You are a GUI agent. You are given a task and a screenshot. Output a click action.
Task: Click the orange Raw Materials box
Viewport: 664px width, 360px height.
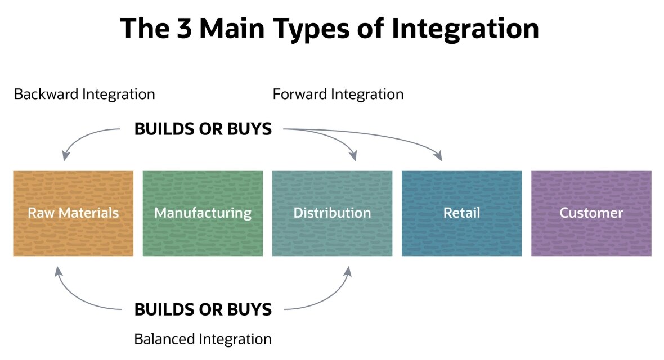(73, 213)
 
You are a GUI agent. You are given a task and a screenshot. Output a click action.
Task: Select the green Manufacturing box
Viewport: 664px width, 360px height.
(203, 213)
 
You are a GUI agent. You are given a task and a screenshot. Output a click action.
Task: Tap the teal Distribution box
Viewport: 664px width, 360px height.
(332, 213)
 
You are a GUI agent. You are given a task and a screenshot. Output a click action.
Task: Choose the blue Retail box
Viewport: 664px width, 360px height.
(461, 213)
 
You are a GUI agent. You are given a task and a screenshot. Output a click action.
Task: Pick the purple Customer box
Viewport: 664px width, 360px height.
(591, 213)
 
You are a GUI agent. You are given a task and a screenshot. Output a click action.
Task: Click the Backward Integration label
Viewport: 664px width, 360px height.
(84, 94)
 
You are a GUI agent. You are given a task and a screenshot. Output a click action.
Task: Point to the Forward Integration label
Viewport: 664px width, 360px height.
(338, 94)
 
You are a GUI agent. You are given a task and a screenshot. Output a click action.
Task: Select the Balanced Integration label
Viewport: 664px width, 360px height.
(203, 339)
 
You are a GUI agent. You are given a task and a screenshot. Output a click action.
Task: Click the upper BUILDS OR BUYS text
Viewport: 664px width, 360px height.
(203, 129)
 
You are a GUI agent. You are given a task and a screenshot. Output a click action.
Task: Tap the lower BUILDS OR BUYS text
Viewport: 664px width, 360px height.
(203, 309)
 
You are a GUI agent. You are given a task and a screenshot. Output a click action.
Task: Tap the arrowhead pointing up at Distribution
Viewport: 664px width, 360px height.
(348, 271)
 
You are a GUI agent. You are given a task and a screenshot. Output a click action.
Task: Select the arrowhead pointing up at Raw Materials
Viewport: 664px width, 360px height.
(57, 271)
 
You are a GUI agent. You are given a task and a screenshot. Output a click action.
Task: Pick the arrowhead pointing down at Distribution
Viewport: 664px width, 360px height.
(353, 156)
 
